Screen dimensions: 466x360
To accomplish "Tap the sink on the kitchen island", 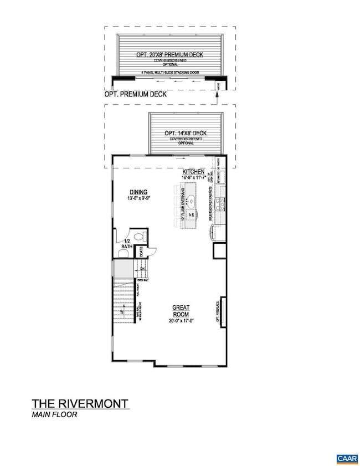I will coord(190,201).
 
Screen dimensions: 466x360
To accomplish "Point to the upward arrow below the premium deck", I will coord(217,96).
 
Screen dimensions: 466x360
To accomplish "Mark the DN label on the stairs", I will coord(142,269).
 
